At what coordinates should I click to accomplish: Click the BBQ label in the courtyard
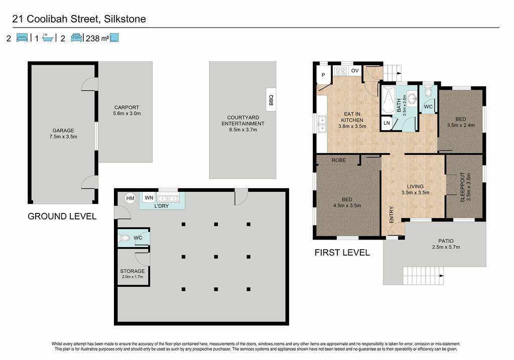click(x=271, y=100)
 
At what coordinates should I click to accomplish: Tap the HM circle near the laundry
click(x=130, y=198)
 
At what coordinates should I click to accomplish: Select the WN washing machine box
click(x=149, y=198)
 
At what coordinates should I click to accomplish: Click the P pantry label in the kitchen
click(x=323, y=75)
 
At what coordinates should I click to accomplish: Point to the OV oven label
click(x=355, y=70)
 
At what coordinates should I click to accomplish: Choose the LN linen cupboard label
click(x=387, y=123)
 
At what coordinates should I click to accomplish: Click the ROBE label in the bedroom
click(x=339, y=160)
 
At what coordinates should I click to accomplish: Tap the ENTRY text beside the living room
click(x=392, y=215)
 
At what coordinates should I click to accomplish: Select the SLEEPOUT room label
click(x=462, y=187)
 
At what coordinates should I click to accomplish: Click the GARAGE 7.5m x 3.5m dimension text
click(x=63, y=137)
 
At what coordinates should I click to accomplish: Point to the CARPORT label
click(x=126, y=107)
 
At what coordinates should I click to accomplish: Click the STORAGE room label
click(x=132, y=271)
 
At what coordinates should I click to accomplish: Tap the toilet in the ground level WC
click(x=124, y=237)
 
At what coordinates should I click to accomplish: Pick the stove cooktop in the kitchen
click(x=340, y=71)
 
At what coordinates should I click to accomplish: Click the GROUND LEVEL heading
click(x=62, y=216)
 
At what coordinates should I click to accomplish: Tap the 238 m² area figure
click(x=97, y=38)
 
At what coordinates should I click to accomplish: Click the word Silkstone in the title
click(x=125, y=19)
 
